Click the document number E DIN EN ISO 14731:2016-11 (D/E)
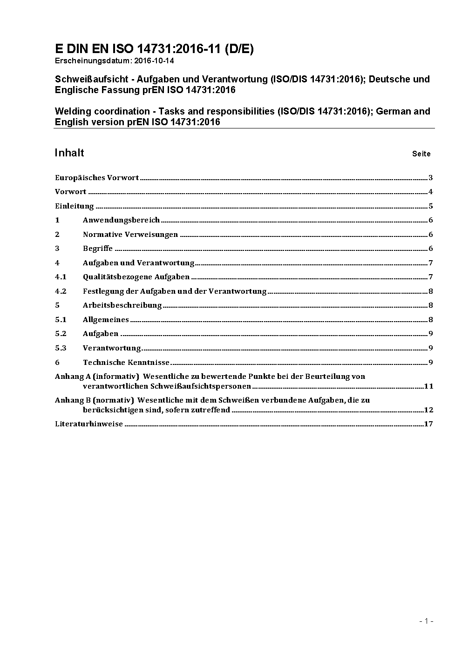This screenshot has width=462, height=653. point(154,49)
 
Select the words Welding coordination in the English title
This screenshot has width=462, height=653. point(104,111)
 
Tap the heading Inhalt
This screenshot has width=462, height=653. point(69,153)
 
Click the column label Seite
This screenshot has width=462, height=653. point(421,154)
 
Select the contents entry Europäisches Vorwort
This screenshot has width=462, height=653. point(97,177)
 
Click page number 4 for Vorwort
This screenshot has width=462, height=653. point(431,192)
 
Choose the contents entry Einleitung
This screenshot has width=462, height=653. point(75,206)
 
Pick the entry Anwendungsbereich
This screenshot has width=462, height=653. point(121,220)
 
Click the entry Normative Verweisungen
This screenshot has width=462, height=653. point(130,234)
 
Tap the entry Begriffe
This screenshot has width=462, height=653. point(98,249)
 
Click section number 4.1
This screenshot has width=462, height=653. point(61,277)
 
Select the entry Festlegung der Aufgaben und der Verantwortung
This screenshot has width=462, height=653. point(175,291)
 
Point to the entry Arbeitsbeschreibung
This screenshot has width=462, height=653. point(122,305)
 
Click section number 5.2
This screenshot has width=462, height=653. point(61,334)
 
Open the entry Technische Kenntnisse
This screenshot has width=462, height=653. point(126,362)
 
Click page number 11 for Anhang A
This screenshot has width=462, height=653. point(428,386)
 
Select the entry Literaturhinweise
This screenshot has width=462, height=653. point(89,424)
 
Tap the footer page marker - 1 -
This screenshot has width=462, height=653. point(426,621)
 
